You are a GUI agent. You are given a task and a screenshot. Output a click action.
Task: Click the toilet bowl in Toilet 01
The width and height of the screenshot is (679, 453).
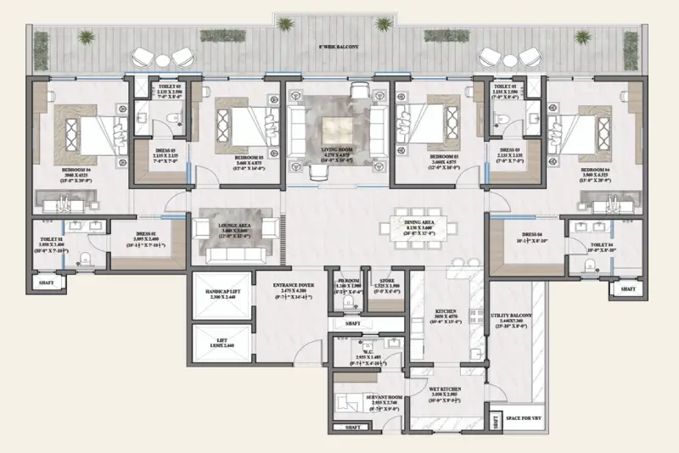click(84, 258)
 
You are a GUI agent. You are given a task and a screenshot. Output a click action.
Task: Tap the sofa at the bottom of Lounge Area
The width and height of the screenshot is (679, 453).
click(233, 254)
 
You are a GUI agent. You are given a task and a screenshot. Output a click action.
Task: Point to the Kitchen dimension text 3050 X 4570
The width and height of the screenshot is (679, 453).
click(446, 317)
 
